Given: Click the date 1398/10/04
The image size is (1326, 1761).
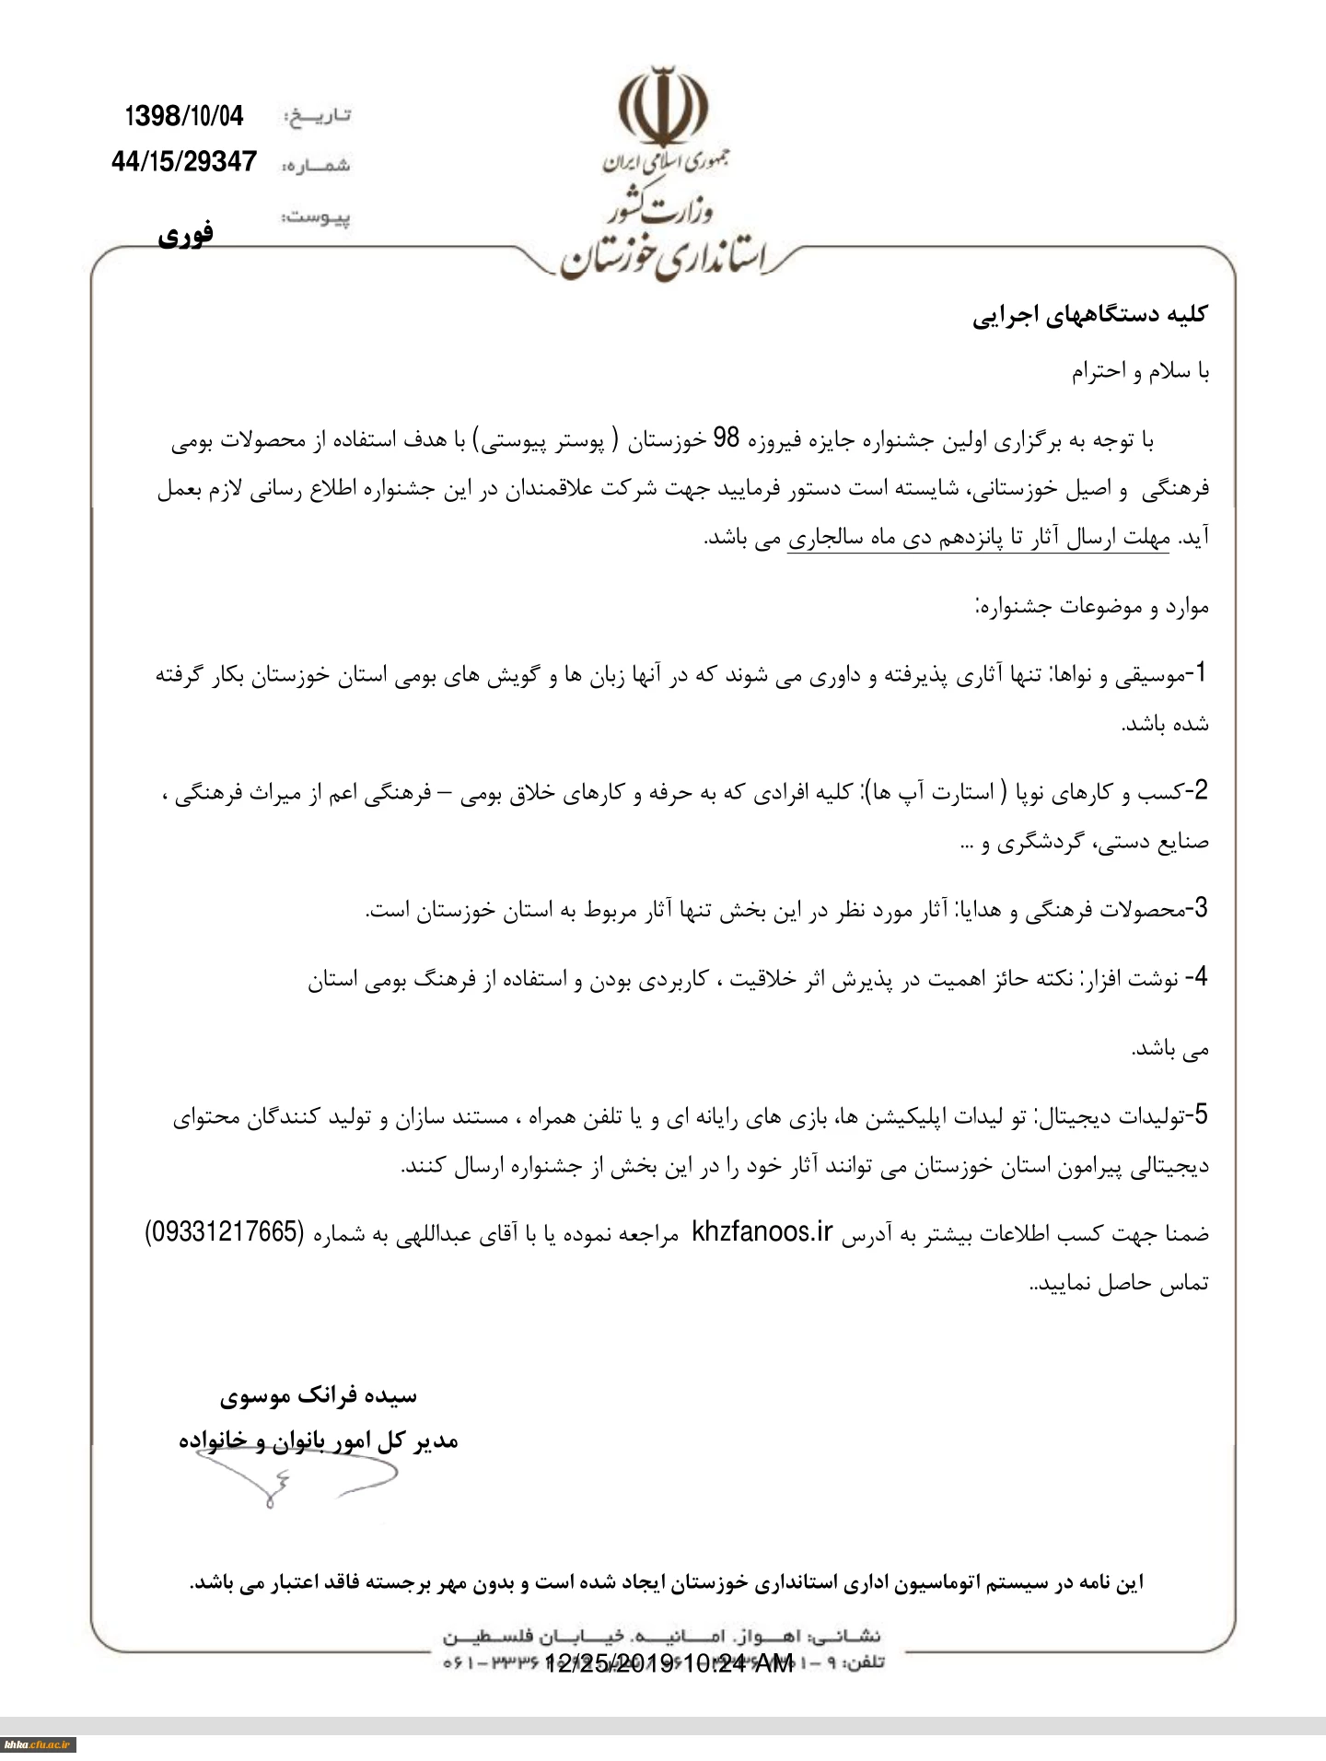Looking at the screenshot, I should coord(184,116).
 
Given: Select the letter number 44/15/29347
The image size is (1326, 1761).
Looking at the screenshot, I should coord(183,162).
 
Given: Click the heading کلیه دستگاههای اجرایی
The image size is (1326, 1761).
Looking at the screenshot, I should coord(1090,315).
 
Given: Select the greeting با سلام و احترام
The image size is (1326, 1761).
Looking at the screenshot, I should coord(1139,372).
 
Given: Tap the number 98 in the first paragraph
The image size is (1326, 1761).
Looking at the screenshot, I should coord(727,439).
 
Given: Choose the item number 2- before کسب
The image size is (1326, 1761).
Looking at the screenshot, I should coord(1196,790).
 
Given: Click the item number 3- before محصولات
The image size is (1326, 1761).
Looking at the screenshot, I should coord(1196,909).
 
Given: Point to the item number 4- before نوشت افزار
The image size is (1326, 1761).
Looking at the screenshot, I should coord(1195,978).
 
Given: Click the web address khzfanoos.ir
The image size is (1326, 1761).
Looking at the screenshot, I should coord(762,1231).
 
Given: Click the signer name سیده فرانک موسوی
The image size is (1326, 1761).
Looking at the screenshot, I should coord(319,1396).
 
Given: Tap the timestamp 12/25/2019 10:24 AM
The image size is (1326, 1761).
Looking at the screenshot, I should coord(669,1662).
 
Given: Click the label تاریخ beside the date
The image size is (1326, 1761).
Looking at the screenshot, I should coord(318,117).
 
